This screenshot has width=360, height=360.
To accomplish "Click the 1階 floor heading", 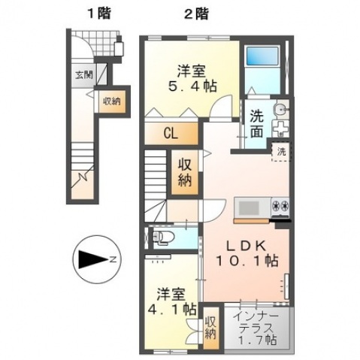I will tap(96, 13).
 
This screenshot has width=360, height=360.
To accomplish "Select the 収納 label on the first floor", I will tap(110, 101).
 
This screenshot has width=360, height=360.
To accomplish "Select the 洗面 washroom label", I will tap(256, 124).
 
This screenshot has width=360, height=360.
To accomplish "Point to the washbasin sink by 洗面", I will tap(280, 118).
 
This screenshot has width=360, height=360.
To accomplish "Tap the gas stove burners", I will tap(278, 206).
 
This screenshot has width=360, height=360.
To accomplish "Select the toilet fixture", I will tap(162, 239).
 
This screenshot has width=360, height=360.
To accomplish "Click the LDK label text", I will tap(245, 246).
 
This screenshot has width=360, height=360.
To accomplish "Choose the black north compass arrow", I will tap(93, 259).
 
